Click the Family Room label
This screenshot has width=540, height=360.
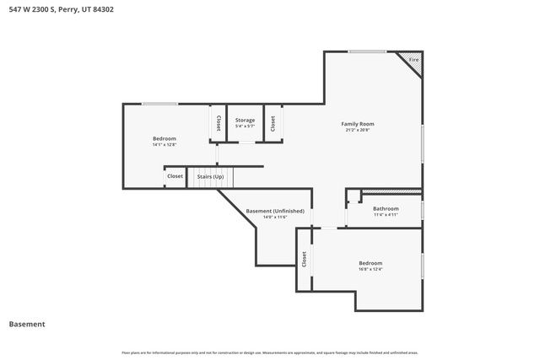point(357,124)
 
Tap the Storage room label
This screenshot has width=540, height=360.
point(245,121)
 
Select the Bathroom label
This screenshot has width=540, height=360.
point(386,208)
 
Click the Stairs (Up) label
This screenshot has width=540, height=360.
point(210,176)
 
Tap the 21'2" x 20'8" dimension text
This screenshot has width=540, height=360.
point(357,131)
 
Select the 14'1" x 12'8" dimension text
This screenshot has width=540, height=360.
point(165,145)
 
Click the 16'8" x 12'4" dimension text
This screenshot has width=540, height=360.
point(370,270)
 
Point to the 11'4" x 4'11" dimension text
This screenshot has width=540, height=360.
point(386,215)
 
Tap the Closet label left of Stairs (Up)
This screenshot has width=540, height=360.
point(175,176)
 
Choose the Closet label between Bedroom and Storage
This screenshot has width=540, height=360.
point(218,123)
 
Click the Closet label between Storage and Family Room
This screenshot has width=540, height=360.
point(273,123)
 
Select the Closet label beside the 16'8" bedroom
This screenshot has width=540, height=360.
point(304,260)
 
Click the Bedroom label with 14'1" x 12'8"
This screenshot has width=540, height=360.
point(165,138)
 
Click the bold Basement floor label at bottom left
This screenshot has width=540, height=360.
point(27,324)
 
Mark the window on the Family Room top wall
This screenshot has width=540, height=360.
point(368,52)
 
